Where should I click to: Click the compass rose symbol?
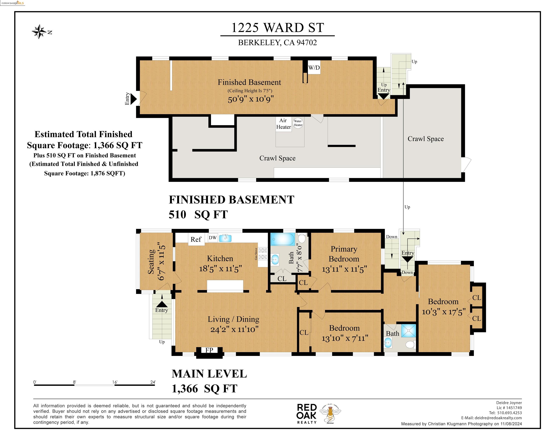pos(39,32)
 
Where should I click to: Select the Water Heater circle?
pos(298,123)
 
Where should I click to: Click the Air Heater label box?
pos(283,124)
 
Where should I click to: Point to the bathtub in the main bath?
pos(283,239)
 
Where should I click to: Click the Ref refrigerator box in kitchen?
pos(196,239)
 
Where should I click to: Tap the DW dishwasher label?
pos(213,238)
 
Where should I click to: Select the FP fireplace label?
pos(209,350)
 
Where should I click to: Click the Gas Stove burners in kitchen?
pos(262,253)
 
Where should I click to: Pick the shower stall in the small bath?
pos(408,331)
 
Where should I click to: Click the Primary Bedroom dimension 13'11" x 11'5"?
pos(344,269)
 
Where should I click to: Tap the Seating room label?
pos(151,262)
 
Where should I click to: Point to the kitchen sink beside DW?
pos(225,238)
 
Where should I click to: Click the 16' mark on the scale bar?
pos(115,382)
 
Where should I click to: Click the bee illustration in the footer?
pos(330,413)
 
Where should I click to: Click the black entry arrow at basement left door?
pos(133,99)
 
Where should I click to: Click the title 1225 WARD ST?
pos(277,28)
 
